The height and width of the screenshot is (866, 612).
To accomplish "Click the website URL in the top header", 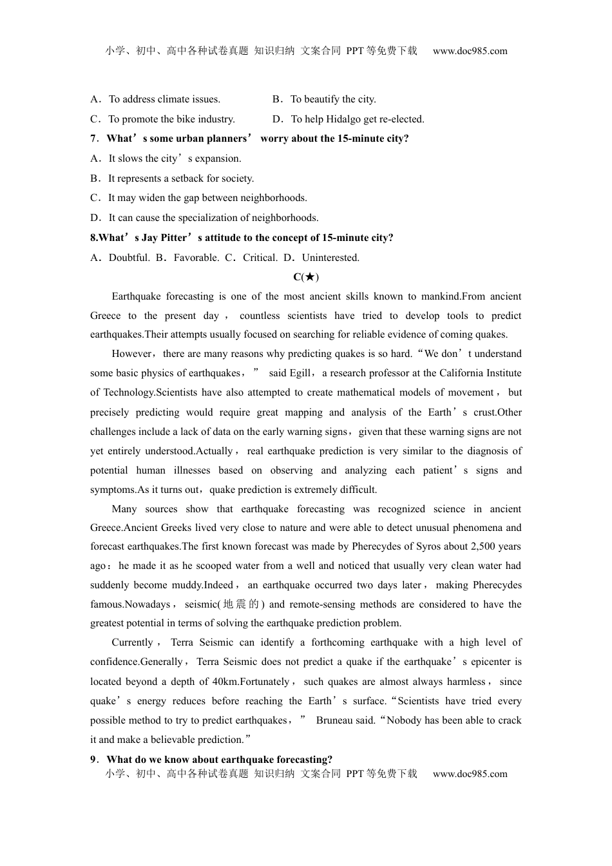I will coord(470,51).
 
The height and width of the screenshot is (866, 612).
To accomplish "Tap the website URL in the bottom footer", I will coord(470,774).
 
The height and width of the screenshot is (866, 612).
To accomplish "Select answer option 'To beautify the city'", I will coord(332,99).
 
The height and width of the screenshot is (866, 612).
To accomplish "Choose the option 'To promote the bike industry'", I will coord(171,119).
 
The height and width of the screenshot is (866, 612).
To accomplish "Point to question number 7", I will coord(93,139).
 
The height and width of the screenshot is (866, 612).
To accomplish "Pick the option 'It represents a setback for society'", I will coord(180,178).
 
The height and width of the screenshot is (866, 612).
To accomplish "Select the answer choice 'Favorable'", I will coord(196,258).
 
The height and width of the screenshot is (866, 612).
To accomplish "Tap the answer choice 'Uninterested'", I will coord(330,258).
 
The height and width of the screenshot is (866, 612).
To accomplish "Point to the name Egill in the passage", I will coord(300,373).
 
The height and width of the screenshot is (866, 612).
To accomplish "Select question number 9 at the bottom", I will coord(93,760).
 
